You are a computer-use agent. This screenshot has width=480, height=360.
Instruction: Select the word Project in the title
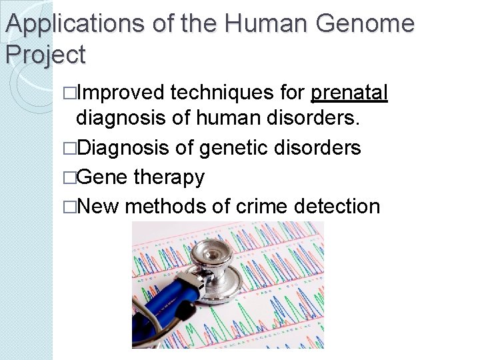(x=45, y=54)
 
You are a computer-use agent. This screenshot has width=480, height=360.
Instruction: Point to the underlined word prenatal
(x=349, y=93)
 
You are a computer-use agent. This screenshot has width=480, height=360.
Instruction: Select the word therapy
(x=169, y=177)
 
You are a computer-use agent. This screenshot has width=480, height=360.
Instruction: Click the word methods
(x=165, y=205)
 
